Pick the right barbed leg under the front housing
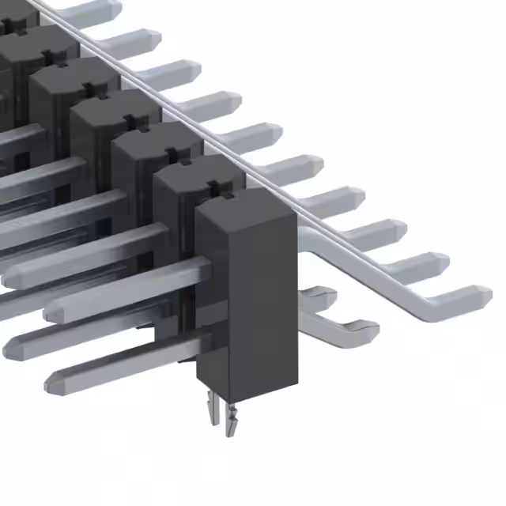[232, 420]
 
